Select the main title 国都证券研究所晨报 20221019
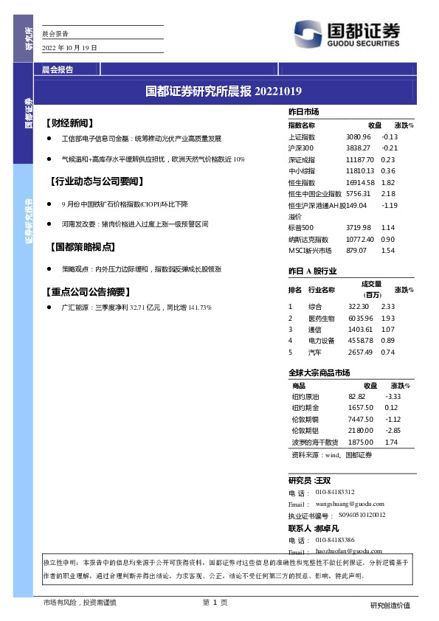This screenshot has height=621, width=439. tap(224, 92)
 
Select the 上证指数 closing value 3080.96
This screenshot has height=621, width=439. tap(358, 137)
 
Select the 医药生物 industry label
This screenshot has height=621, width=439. tap(321, 318)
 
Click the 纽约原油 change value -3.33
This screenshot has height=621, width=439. tap(393, 397)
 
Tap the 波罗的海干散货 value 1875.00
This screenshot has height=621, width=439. tap(362, 442)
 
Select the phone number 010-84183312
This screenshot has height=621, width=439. tap(335, 492)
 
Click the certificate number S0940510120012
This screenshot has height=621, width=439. tap(362, 516)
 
